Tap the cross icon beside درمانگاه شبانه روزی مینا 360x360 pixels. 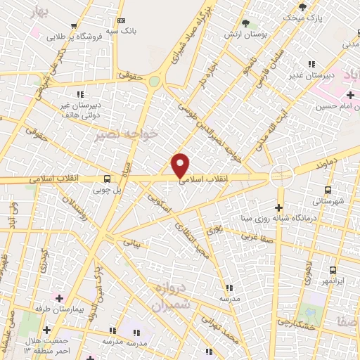(x=279, y=207)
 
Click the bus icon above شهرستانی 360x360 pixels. (x=328, y=190)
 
